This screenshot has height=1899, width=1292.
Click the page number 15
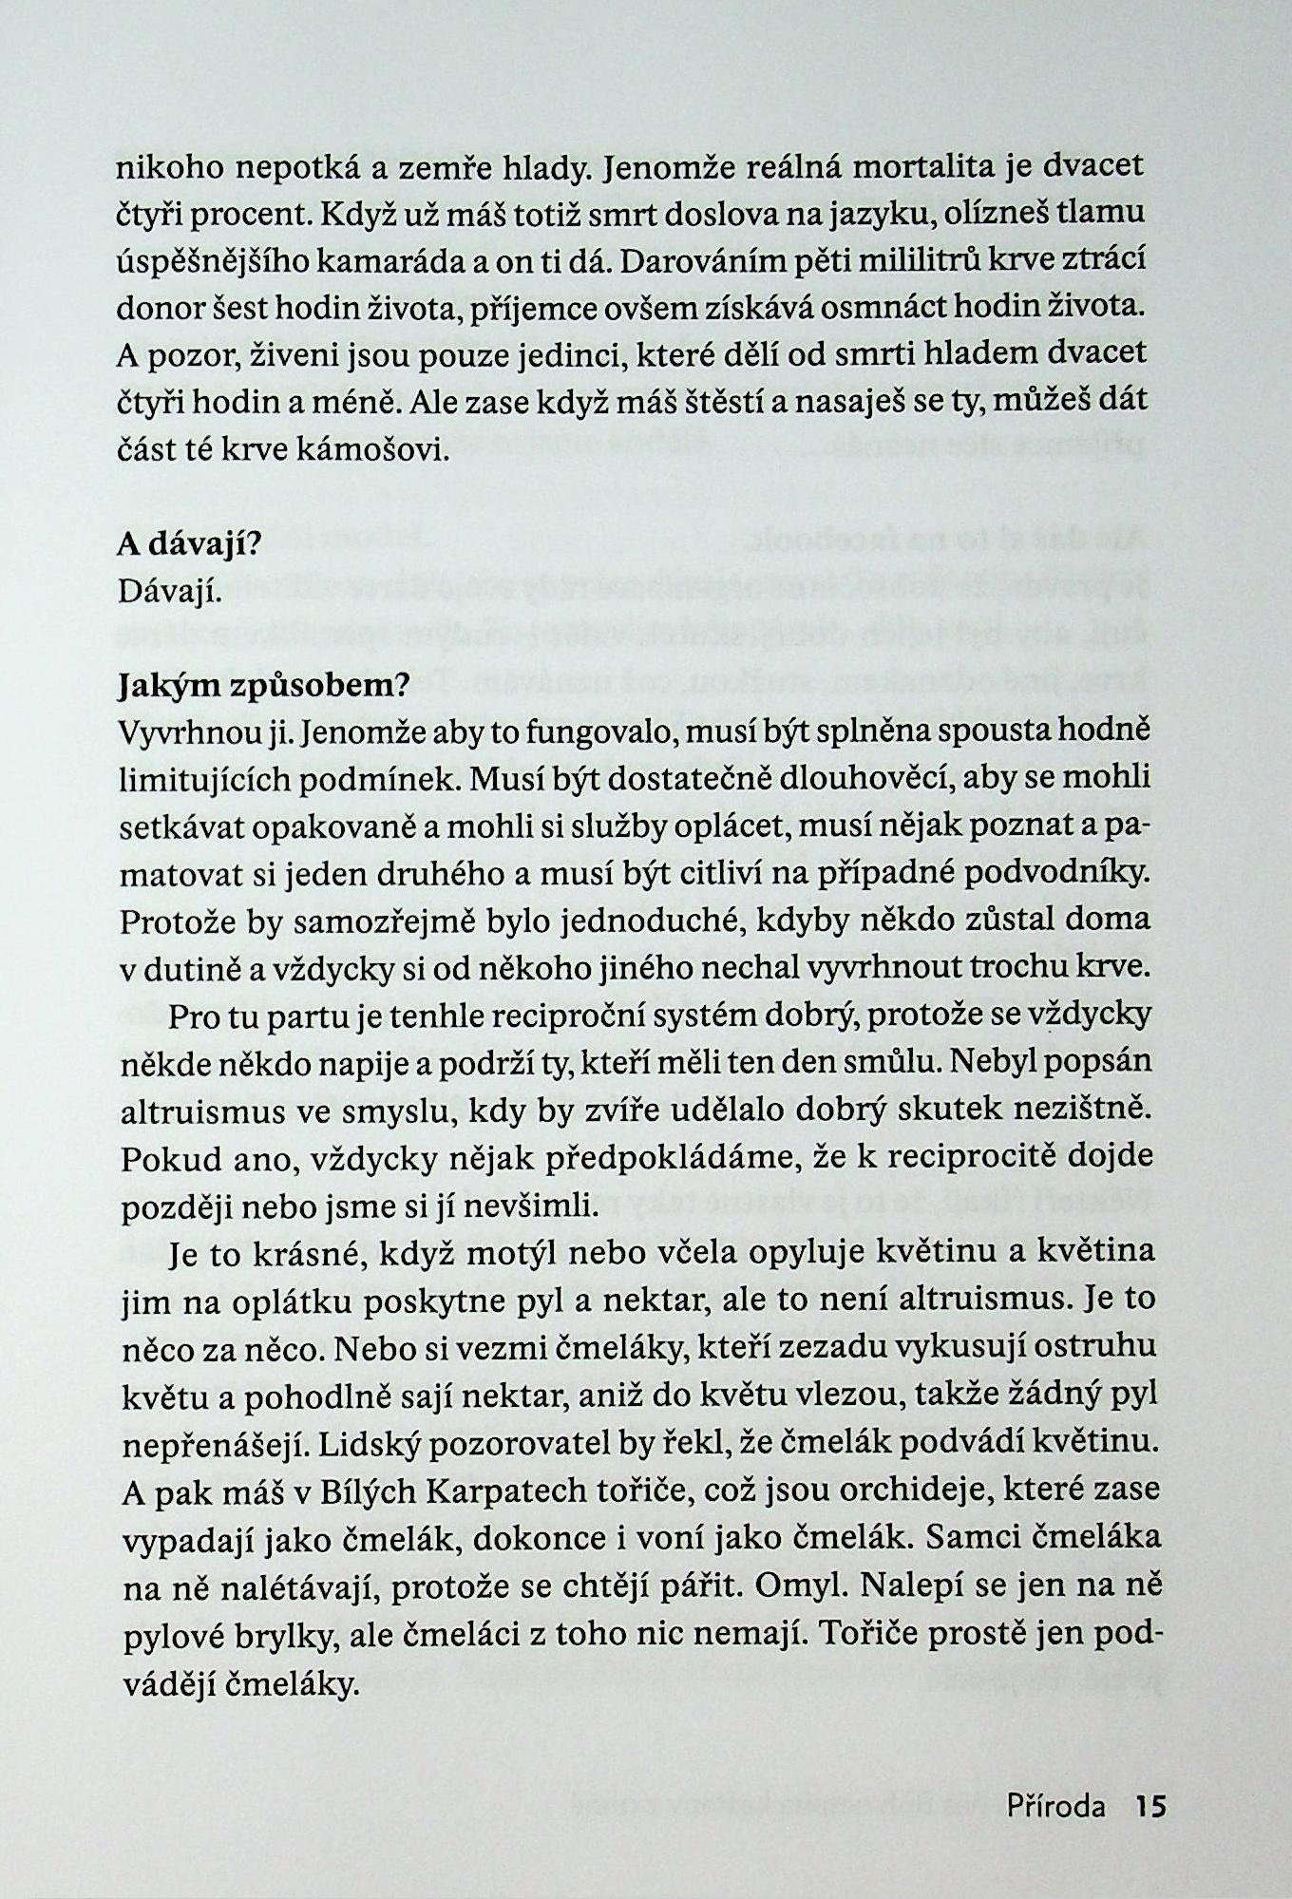point(1150,1805)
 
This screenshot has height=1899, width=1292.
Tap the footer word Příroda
point(1055,1805)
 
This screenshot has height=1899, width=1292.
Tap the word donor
point(156,307)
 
